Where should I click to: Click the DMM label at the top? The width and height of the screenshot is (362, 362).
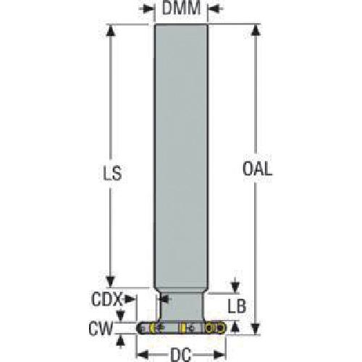pyautogui.click(x=181, y=8)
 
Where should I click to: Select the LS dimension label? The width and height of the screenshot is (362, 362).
pyautogui.click(x=112, y=173)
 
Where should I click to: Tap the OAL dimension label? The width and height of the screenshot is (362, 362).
pyautogui.click(x=258, y=169)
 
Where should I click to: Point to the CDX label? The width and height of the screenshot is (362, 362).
pyautogui.click(x=106, y=299)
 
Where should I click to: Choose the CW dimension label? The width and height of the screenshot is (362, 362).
pyautogui.click(x=101, y=329)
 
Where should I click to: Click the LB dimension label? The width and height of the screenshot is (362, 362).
pyautogui.click(x=237, y=306)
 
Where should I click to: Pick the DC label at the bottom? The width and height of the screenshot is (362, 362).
pyautogui.click(x=181, y=355)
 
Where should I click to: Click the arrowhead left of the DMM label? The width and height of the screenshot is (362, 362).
pyautogui.click(x=148, y=9)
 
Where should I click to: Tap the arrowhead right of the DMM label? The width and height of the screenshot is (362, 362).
pyautogui.click(x=214, y=9)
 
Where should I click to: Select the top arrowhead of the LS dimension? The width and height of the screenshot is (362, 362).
pyautogui.click(x=111, y=30)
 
